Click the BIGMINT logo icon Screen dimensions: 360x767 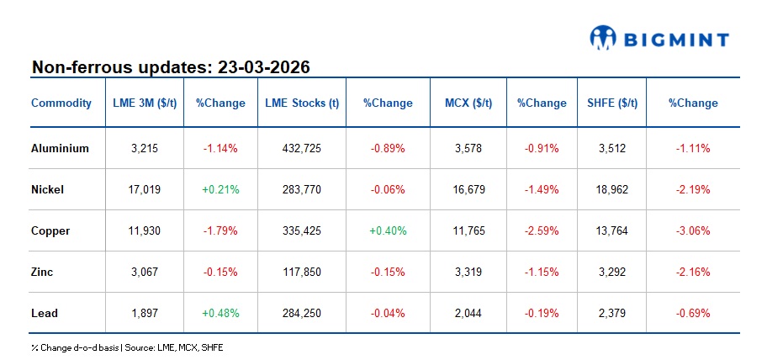click(x=603, y=37)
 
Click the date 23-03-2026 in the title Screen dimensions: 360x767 click(x=264, y=66)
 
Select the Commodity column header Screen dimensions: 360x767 click(x=61, y=103)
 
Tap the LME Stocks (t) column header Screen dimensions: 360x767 click(x=302, y=103)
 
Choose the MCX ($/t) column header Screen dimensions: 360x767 click(x=468, y=103)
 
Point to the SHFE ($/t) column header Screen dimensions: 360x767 click(x=611, y=103)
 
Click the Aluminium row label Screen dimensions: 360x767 click(x=61, y=148)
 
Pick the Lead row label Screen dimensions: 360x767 click(x=45, y=313)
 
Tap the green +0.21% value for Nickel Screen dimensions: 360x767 click(x=220, y=189)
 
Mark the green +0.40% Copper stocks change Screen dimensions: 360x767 click(x=388, y=230)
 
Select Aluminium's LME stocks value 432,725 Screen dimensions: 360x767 click(x=302, y=148)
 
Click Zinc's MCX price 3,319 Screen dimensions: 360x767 click(x=468, y=272)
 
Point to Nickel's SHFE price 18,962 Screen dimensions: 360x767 click(x=611, y=189)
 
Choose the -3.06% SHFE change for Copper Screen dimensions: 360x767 click(x=693, y=230)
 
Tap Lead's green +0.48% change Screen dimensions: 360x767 click(x=220, y=313)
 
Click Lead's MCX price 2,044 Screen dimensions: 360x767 click(x=468, y=313)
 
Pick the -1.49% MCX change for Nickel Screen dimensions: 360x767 click(x=542, y=189)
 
